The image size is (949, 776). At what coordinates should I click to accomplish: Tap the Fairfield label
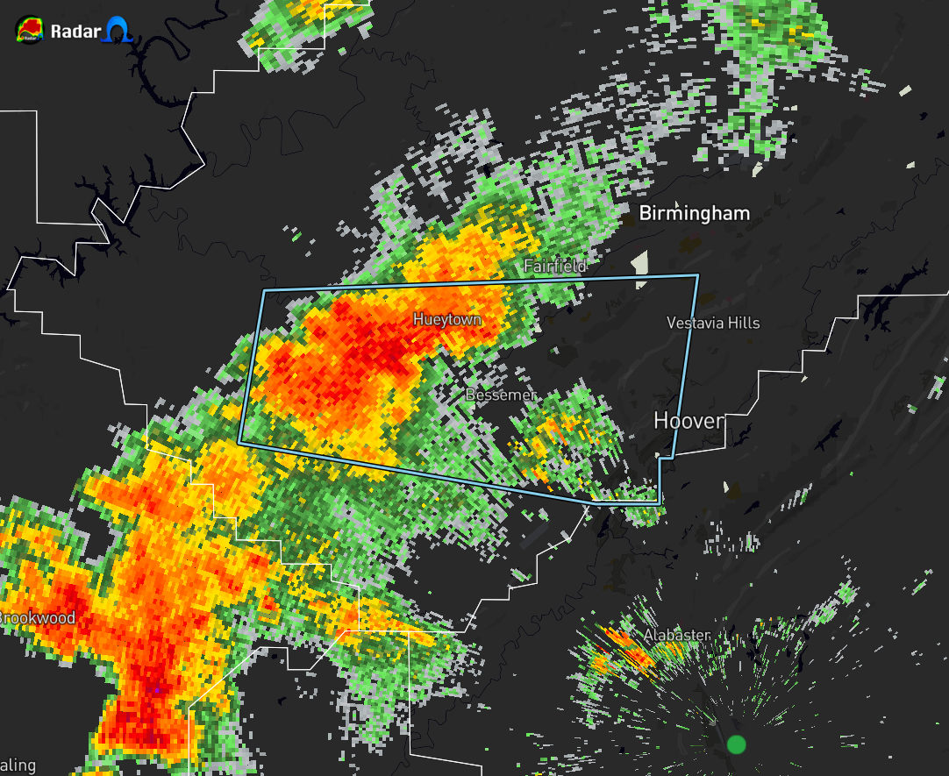(x=554, y=266)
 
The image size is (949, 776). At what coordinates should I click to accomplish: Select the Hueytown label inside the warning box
(x=447, y=320)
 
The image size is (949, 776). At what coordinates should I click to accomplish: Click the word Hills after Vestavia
(x=745, y=323)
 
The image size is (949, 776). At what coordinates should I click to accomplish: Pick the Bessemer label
(x=501, y=395)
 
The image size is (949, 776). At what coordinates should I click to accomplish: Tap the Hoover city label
(x=689, y=422)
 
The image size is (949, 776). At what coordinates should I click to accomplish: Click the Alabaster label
(x=676, y=635)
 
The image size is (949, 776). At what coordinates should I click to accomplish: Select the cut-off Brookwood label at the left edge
(x=38, y=618)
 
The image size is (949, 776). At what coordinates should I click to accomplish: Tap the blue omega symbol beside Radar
(x=117, y=32)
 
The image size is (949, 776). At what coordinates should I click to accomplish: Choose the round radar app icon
(x=29, y=31)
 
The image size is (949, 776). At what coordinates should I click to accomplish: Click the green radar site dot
(x=736, y=744)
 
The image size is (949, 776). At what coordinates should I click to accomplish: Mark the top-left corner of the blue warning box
(x=264, y=289)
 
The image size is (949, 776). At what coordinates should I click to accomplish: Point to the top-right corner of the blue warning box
(x=698, y=276)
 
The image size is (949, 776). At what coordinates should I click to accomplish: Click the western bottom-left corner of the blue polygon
(x=239, y=444)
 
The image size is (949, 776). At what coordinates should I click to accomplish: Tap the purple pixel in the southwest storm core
(x=156, y=690)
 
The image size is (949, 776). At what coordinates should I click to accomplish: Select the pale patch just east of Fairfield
(x=640, y=264)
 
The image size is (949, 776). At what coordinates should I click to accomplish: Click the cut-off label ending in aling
(x=18, y=765)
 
